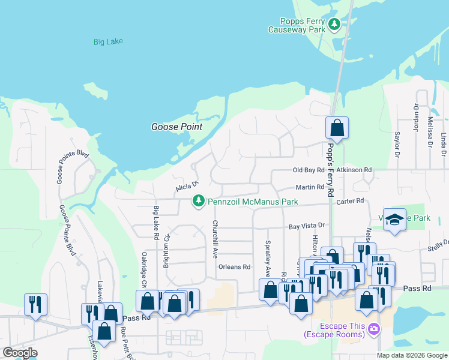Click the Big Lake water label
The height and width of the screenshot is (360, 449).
(108, 42)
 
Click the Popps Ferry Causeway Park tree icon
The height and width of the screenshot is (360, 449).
(334, 25)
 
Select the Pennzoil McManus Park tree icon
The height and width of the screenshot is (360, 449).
(199, 201)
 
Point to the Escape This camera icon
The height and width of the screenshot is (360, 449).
(374, 328)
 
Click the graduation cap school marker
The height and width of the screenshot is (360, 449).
(395, 220)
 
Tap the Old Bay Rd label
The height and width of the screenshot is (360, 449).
(308, 170)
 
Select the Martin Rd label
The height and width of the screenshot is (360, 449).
(310, 187)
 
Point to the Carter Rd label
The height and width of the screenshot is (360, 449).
(351, 201)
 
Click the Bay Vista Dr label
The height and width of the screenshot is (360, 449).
(306, 226)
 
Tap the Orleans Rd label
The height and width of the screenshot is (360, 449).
(234, 267)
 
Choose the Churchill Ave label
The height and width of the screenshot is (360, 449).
(214, 239)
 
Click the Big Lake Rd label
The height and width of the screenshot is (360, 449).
(156, 223)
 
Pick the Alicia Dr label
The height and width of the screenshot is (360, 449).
(186, 187)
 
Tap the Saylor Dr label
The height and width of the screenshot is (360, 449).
(396, 146)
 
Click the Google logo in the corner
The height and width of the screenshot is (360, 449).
(20, 353)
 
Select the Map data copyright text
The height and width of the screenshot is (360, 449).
(412, 355)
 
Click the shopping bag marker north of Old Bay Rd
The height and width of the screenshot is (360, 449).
(337, 127)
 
